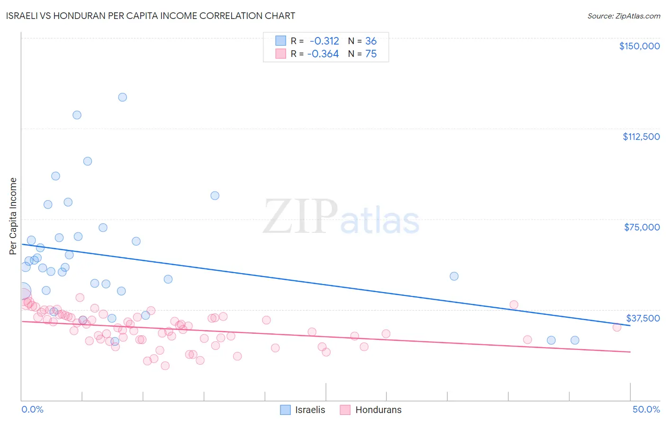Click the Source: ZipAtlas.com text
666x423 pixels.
coord(623,16)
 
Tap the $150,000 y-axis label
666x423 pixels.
coord(639,46)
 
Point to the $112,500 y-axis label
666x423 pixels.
coord(641,137)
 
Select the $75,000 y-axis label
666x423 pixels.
coord(642,227)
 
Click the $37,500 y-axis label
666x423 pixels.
coord(643,318)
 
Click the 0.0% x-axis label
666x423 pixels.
coord(33,409)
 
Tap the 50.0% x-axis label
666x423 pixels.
coord(646,409)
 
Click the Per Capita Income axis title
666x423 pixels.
coord(13,216)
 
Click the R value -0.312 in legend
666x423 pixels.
coord(324,41)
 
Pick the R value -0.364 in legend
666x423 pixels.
coord(323,54)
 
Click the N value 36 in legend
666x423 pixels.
coord(371,41)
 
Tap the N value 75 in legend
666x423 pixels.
coord(371,54)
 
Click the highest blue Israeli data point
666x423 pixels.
coord(122,97)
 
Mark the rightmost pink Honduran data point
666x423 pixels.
coord(617,327)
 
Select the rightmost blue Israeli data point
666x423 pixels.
coord(575,340)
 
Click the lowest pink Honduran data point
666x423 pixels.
coord(165,366)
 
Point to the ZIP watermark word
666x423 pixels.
coord(300,217)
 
